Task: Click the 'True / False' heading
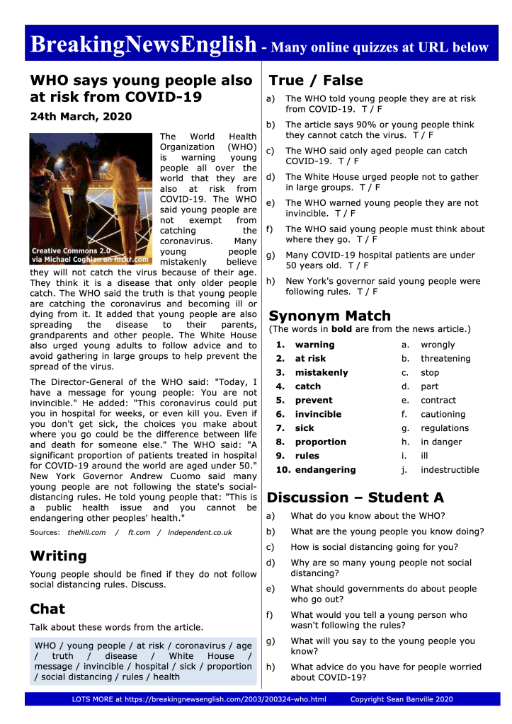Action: click(x=315, y=80)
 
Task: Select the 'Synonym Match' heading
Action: click(x=329, y=316)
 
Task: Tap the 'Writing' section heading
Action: click(x=58, y=556)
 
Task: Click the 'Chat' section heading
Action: click(x=47, y=609)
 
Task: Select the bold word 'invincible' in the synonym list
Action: click(x=318, y=414)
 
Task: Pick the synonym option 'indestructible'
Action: click(x=450, y=469)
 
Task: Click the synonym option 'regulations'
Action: click(x=445, y=427)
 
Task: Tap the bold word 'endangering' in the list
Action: click(x=325, y=469)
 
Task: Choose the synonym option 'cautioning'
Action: click(x=443, y=414)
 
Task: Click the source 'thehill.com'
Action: click(x=86, y=532)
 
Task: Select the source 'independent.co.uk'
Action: click(x=200, y=532)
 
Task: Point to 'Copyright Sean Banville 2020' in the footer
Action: click(x=402, y=699)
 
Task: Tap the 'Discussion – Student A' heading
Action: click(x=355, y=498)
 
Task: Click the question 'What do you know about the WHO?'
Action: click(x=368, y=515)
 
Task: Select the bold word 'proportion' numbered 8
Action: click(x=321, y=442)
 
